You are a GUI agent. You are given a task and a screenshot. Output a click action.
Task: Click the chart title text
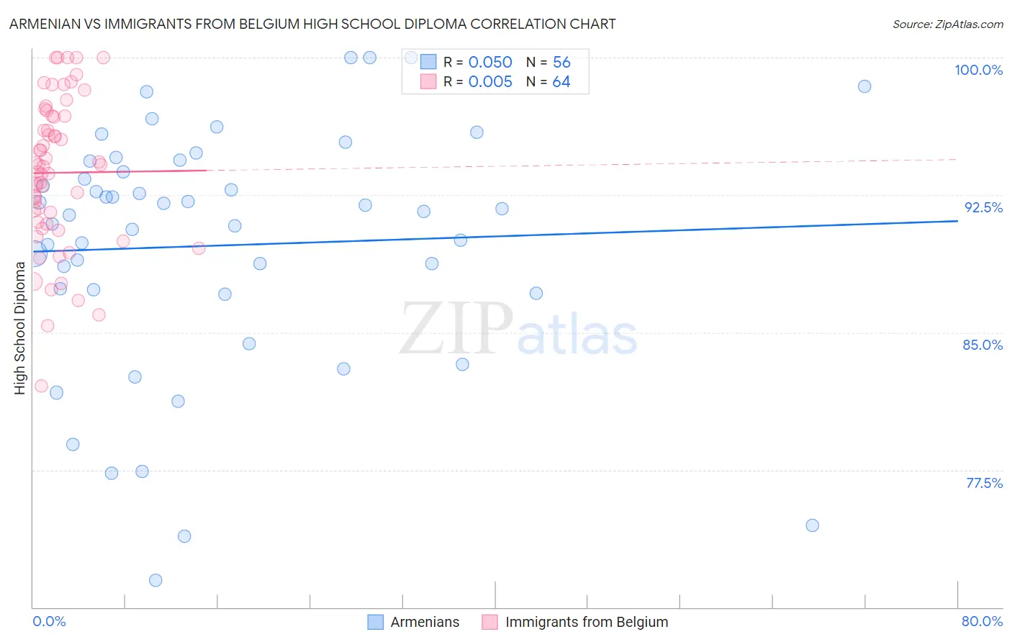click(312, 24)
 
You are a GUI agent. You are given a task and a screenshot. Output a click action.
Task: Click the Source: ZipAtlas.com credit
click(947, 24)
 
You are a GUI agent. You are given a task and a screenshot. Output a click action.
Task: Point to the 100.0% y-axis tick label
click(978, 70)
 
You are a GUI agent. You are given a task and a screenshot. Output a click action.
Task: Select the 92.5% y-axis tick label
click(983, 207)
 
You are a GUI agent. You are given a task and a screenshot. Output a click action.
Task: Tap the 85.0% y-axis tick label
click(982, 345)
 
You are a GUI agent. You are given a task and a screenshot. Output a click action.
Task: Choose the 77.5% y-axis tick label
click(984, 483)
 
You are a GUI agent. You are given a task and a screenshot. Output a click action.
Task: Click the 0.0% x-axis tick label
click(49, 621)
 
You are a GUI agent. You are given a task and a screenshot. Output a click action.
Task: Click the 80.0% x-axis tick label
click(982, 621)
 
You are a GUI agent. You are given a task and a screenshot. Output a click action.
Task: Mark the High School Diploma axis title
click(20, 327)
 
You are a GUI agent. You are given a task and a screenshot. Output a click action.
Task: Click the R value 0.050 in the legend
click(490, 63)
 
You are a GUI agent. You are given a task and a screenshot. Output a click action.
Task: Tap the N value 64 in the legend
click(561, 82)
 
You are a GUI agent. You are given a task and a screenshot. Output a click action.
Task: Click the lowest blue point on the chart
click(155, 580)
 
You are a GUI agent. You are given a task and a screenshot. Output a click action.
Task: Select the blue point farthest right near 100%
click(864, 86)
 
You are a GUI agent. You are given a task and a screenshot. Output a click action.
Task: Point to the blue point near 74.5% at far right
click(812, 525)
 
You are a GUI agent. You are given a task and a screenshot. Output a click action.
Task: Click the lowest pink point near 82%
click(41, 386)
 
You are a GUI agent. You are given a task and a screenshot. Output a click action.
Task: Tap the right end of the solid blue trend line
click(957, 221)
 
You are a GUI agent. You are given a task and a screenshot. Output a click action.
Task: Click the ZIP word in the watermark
click(456, 329)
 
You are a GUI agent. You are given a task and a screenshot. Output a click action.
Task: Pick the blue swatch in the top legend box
click(428, 62)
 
